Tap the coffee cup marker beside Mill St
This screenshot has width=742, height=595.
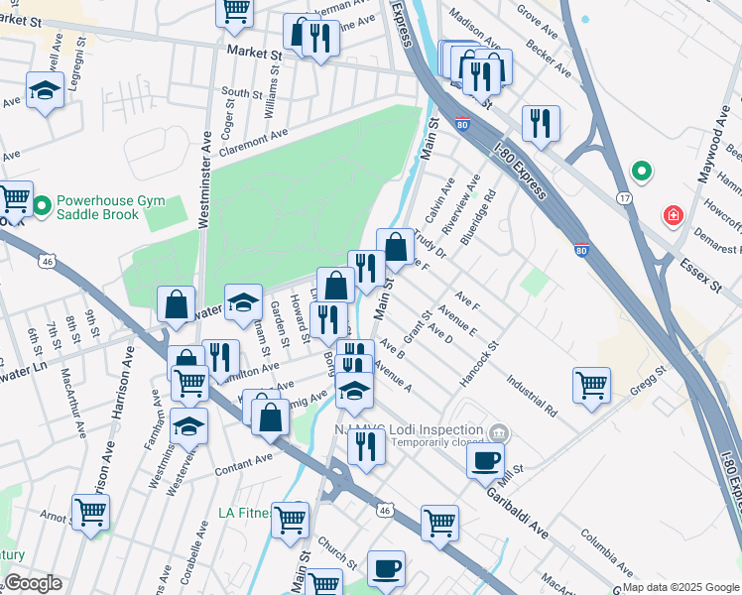pyautogui.click(x=485, y=460)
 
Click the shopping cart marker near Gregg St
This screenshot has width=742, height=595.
pyautogui.click(x=591, y=384)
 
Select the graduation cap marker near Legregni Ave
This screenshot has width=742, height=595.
pyautogui.click(x=44, y=91)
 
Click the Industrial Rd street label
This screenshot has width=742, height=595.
pyautogui.click(x=530, y=392)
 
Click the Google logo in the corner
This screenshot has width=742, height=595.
pyautogui.click(x=33, y=582)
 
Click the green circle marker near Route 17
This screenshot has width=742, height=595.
pyautogui.click(x=642, y=173)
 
